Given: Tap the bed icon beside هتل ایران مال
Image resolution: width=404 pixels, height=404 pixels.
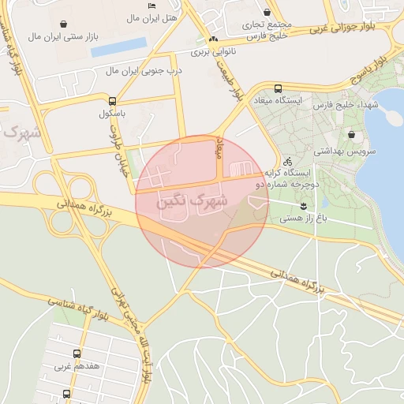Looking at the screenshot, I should click(x=151, y=6).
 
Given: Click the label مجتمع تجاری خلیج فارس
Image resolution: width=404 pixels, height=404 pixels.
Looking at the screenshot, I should click(x=267, y=29).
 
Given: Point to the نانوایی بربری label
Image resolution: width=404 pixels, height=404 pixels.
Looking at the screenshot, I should click(x=213, y=51).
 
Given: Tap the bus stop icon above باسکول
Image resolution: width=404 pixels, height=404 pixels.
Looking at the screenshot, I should click(x=114, y=101).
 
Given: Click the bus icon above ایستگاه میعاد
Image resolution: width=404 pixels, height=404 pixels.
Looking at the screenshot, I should click(x=277, y=88).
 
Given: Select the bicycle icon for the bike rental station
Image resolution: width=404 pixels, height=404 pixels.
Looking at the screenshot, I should click(x=287, y=161).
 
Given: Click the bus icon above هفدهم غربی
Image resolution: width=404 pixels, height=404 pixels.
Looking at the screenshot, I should click(x=77, y=353).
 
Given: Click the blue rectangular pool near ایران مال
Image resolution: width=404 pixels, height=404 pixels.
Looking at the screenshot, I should click(x=119, y=47).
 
